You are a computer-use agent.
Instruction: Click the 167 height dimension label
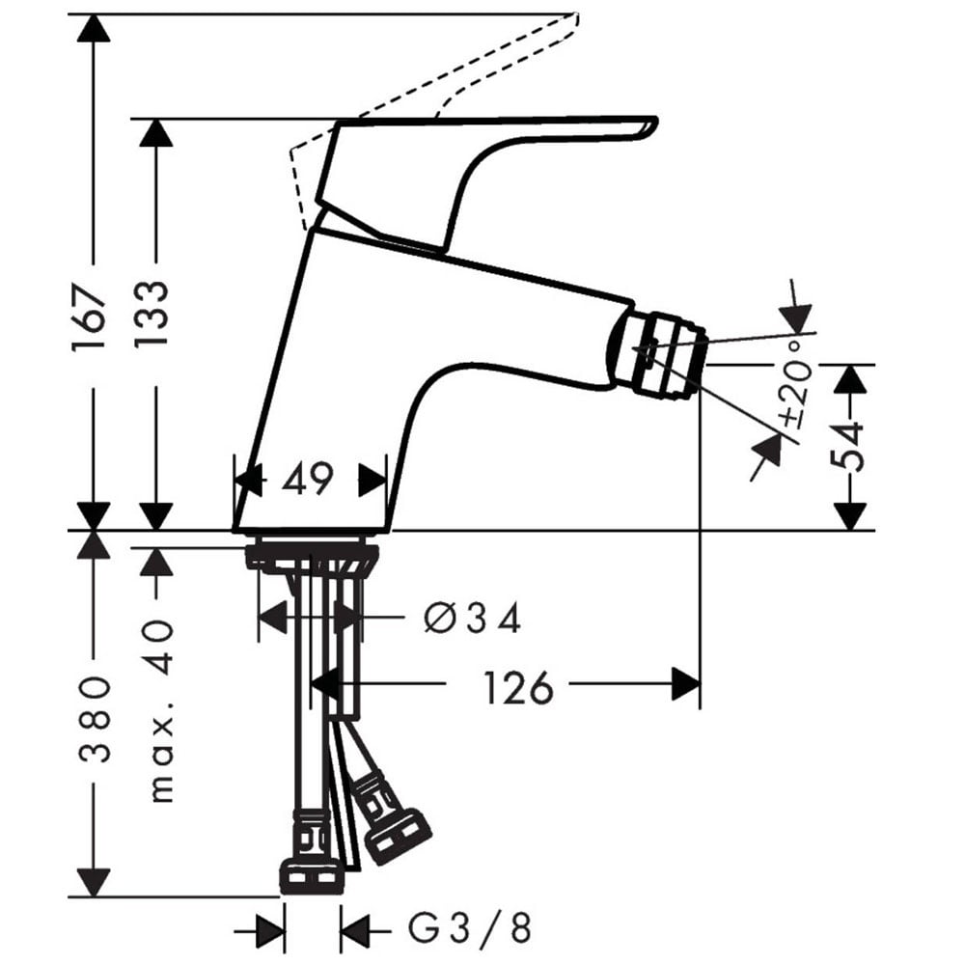pos(90,317)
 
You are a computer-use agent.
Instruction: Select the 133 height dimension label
pos(152,314)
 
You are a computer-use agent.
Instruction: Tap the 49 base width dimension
pos(307,479)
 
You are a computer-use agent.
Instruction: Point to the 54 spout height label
pos(847,446)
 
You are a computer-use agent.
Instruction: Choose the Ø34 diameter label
pos(473,618)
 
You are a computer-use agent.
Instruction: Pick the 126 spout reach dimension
pos(518,687)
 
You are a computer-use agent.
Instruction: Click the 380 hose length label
pos(95,720)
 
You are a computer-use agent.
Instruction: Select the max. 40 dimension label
pos(160,711)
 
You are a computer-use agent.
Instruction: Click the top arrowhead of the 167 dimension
pos(93,28)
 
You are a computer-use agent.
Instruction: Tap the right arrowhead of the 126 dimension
pos(685,684)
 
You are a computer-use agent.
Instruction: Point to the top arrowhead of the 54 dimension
pos(849,379)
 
